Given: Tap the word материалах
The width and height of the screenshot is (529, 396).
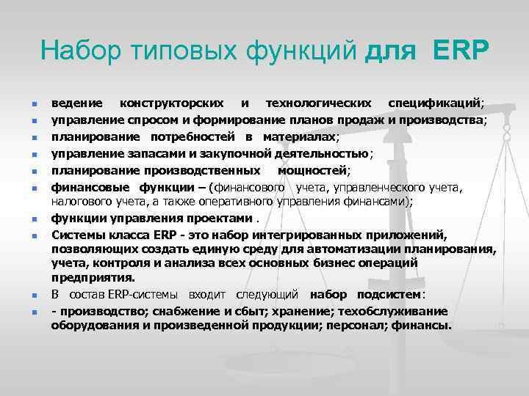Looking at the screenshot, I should click(301, 136).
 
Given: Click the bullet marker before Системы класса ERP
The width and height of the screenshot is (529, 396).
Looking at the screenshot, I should click(35, 236).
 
